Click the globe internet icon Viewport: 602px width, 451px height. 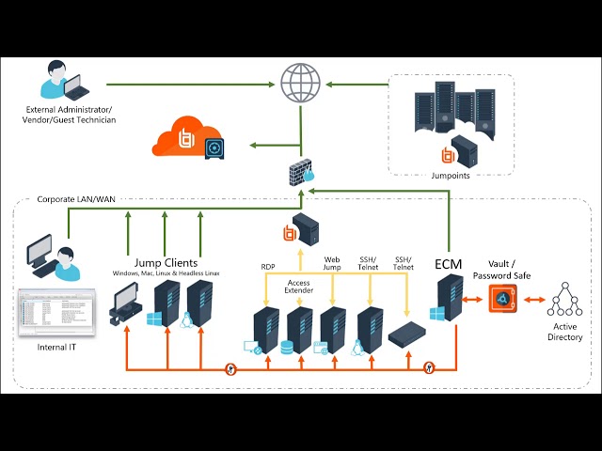(x=300, y=83)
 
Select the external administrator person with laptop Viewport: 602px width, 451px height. (x=58, y=82)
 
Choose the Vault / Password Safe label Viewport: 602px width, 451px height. (x=511, y=271)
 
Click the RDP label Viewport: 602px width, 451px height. (x=267, y=267)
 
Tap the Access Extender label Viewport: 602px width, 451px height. (x=298, y=288)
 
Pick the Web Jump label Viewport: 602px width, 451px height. (x=332, y=263)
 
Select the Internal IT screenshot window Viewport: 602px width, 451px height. (x=56, y=313)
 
